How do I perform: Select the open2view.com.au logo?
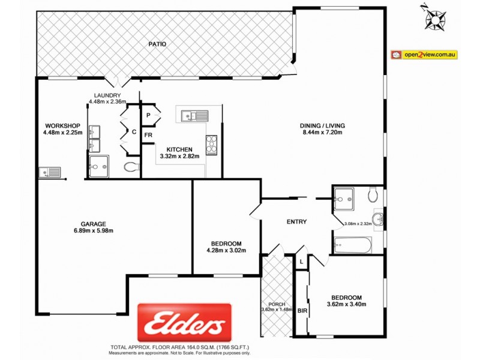click(424, 55)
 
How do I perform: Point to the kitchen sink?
click(193, 115)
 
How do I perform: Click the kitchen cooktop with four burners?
click(212, 143)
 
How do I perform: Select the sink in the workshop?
click(50, 172)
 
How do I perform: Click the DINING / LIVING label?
click(323, 125)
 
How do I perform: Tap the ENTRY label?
click(296, 222)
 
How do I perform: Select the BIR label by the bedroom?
click(301, 311)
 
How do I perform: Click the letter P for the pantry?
click(148, 114)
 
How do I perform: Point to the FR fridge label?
click(148, 136)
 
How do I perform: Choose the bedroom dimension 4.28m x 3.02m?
click(226, 250)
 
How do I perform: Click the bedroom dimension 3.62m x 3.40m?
click(347, 305)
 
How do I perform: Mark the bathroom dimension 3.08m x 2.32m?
click(358, 224)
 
